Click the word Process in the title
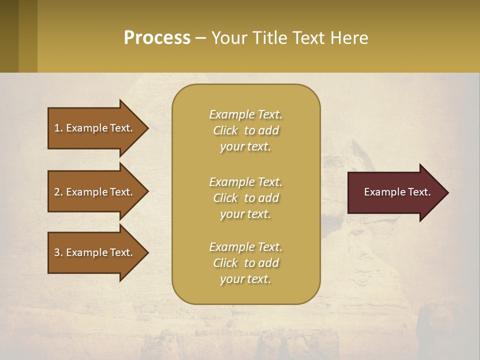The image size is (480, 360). point(157,38)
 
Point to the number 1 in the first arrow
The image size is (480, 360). point(57,128)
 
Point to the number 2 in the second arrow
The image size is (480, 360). point(57,192)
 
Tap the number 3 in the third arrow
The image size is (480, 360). point(57,252)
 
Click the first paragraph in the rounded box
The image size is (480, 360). point(245,130)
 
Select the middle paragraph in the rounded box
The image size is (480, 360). point(245,198)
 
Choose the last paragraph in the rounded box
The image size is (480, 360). point(245,263)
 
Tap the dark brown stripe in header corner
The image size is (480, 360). point(9,36)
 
